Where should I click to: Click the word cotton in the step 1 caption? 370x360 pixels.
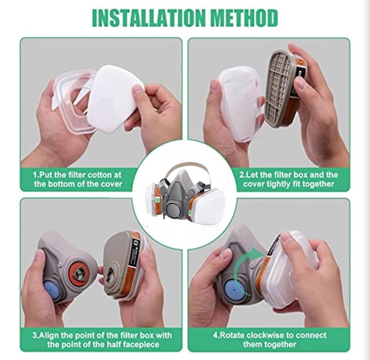click(99, 175)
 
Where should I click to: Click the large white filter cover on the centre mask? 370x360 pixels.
click(209, 203)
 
